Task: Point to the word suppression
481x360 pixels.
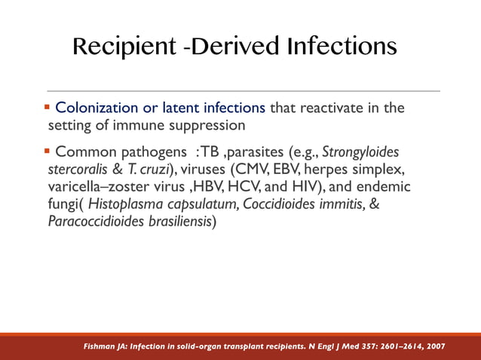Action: (207, 124)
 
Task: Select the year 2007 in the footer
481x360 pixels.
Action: (433, 346)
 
